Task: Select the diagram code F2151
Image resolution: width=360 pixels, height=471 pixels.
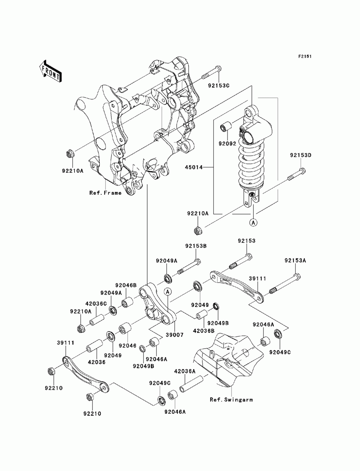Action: pos(305,56)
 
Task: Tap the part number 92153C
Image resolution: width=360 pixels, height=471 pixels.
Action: pos(218,85)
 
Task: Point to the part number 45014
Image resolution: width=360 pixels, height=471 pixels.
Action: pos(194,167)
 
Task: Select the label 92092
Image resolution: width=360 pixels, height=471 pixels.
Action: pos(227,143)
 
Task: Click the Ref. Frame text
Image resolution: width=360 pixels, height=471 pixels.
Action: pos(105,193)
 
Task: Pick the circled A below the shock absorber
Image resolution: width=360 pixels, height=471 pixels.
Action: pos(253,223)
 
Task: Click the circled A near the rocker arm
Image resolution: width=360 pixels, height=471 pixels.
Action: pos(168,291)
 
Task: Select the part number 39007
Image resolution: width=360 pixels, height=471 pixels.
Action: pos(175,335)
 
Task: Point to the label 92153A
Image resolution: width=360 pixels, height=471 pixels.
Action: pos(295,261)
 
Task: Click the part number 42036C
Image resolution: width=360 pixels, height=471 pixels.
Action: pos(96,304)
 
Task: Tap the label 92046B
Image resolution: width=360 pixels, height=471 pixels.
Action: pos(126,285)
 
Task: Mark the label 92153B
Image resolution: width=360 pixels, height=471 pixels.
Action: pos(196,246)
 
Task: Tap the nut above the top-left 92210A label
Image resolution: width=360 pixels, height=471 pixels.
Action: pos(69,154)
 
